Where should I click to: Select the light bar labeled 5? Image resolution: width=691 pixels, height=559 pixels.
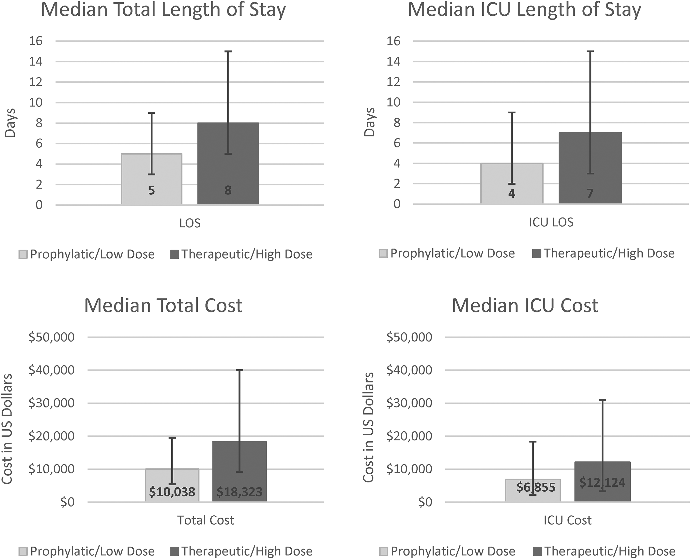pos(151,179)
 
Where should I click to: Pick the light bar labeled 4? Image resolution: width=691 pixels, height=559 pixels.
pos(512,184)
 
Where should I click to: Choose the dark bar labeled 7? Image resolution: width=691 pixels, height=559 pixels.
pos(590,168)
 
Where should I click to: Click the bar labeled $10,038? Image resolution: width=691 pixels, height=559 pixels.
pos(172,485)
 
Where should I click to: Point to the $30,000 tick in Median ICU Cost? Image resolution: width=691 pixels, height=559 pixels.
pos(409,403)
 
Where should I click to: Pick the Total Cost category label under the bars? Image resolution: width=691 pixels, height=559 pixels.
pos(206,520)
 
